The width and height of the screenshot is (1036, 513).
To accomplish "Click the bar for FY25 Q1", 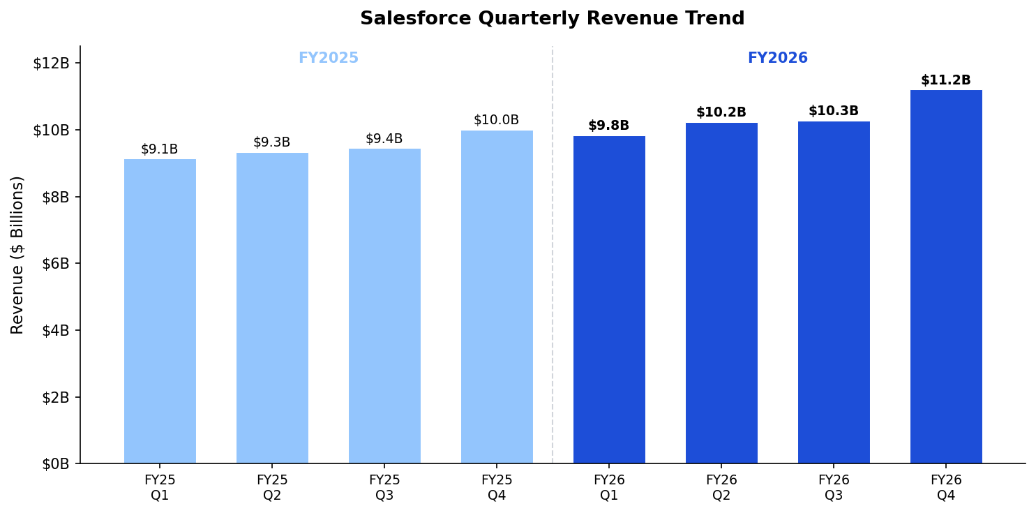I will [x=160, y=311].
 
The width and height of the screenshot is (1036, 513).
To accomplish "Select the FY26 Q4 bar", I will [x=945, y=276].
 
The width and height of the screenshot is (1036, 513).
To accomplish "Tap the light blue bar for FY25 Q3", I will [x=384, y=306].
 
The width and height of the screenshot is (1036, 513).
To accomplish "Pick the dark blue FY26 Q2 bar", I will [x=721, y=293].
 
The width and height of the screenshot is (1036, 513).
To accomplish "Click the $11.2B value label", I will [x=945, y=80].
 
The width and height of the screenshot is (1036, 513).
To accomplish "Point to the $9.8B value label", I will [x=608, y=126].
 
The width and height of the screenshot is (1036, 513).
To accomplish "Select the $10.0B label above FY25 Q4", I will [x=496, y=120].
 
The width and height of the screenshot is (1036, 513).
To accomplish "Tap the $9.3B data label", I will [x=271, y=142].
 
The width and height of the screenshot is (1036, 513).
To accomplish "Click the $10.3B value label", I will [x=833, y=111].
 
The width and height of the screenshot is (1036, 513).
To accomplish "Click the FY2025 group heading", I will [x=328, y=58].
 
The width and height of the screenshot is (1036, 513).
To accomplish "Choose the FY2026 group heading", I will [x=777, y=58].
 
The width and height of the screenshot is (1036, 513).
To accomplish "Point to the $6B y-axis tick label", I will [x=56, y=263].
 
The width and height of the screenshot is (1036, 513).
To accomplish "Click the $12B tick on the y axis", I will [x=52, y=63].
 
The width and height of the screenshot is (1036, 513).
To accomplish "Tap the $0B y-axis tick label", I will [x=56, y=463].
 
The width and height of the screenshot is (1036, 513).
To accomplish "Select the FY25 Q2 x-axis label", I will [x=271, y=488].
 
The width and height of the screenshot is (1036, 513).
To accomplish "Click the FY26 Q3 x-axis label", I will [x=833, y=488].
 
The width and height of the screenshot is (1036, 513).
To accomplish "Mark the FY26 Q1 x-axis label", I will [x=608, y=488].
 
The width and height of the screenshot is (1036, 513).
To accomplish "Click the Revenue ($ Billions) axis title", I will [x=17, y=255].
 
